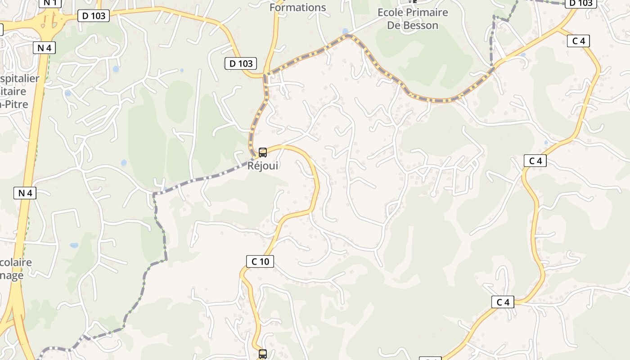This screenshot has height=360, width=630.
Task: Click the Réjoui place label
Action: pyautogui.click(x=263, y=166)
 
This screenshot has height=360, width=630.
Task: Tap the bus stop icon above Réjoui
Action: pyautogui.click(x=263, y=153)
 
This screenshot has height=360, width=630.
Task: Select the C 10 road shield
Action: pyautogui.click(x=260, y=261)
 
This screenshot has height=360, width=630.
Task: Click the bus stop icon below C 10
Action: pyautogui.click(x=263, y=354)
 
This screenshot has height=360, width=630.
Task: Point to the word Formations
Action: pyautogui.click(x=297, y=7)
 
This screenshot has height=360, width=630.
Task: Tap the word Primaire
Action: pyautogui.click(x=426, y=13)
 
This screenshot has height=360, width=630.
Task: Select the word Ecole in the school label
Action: pyautogui.click(x=390, y=13)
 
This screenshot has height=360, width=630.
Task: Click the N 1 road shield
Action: pyautogui.click(x=50, y=3)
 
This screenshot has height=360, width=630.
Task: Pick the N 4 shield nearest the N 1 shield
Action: pyautogui.click(x=45, y=47)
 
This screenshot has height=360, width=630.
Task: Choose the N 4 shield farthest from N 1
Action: pyautogui.click(x=25, y=193)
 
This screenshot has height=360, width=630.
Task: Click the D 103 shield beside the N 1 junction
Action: pyautogui.click(x=94, y=16)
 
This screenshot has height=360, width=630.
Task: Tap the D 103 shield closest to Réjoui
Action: pyautogui.click(x=241, y=63)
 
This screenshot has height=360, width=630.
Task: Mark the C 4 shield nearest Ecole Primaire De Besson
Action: pyautogui.click(x=579, y=41)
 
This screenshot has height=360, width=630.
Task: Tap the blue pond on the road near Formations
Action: pyautogui.click(x=345, y=31)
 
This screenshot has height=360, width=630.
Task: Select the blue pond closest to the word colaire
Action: pyautogui.click(x=74, y=246)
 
